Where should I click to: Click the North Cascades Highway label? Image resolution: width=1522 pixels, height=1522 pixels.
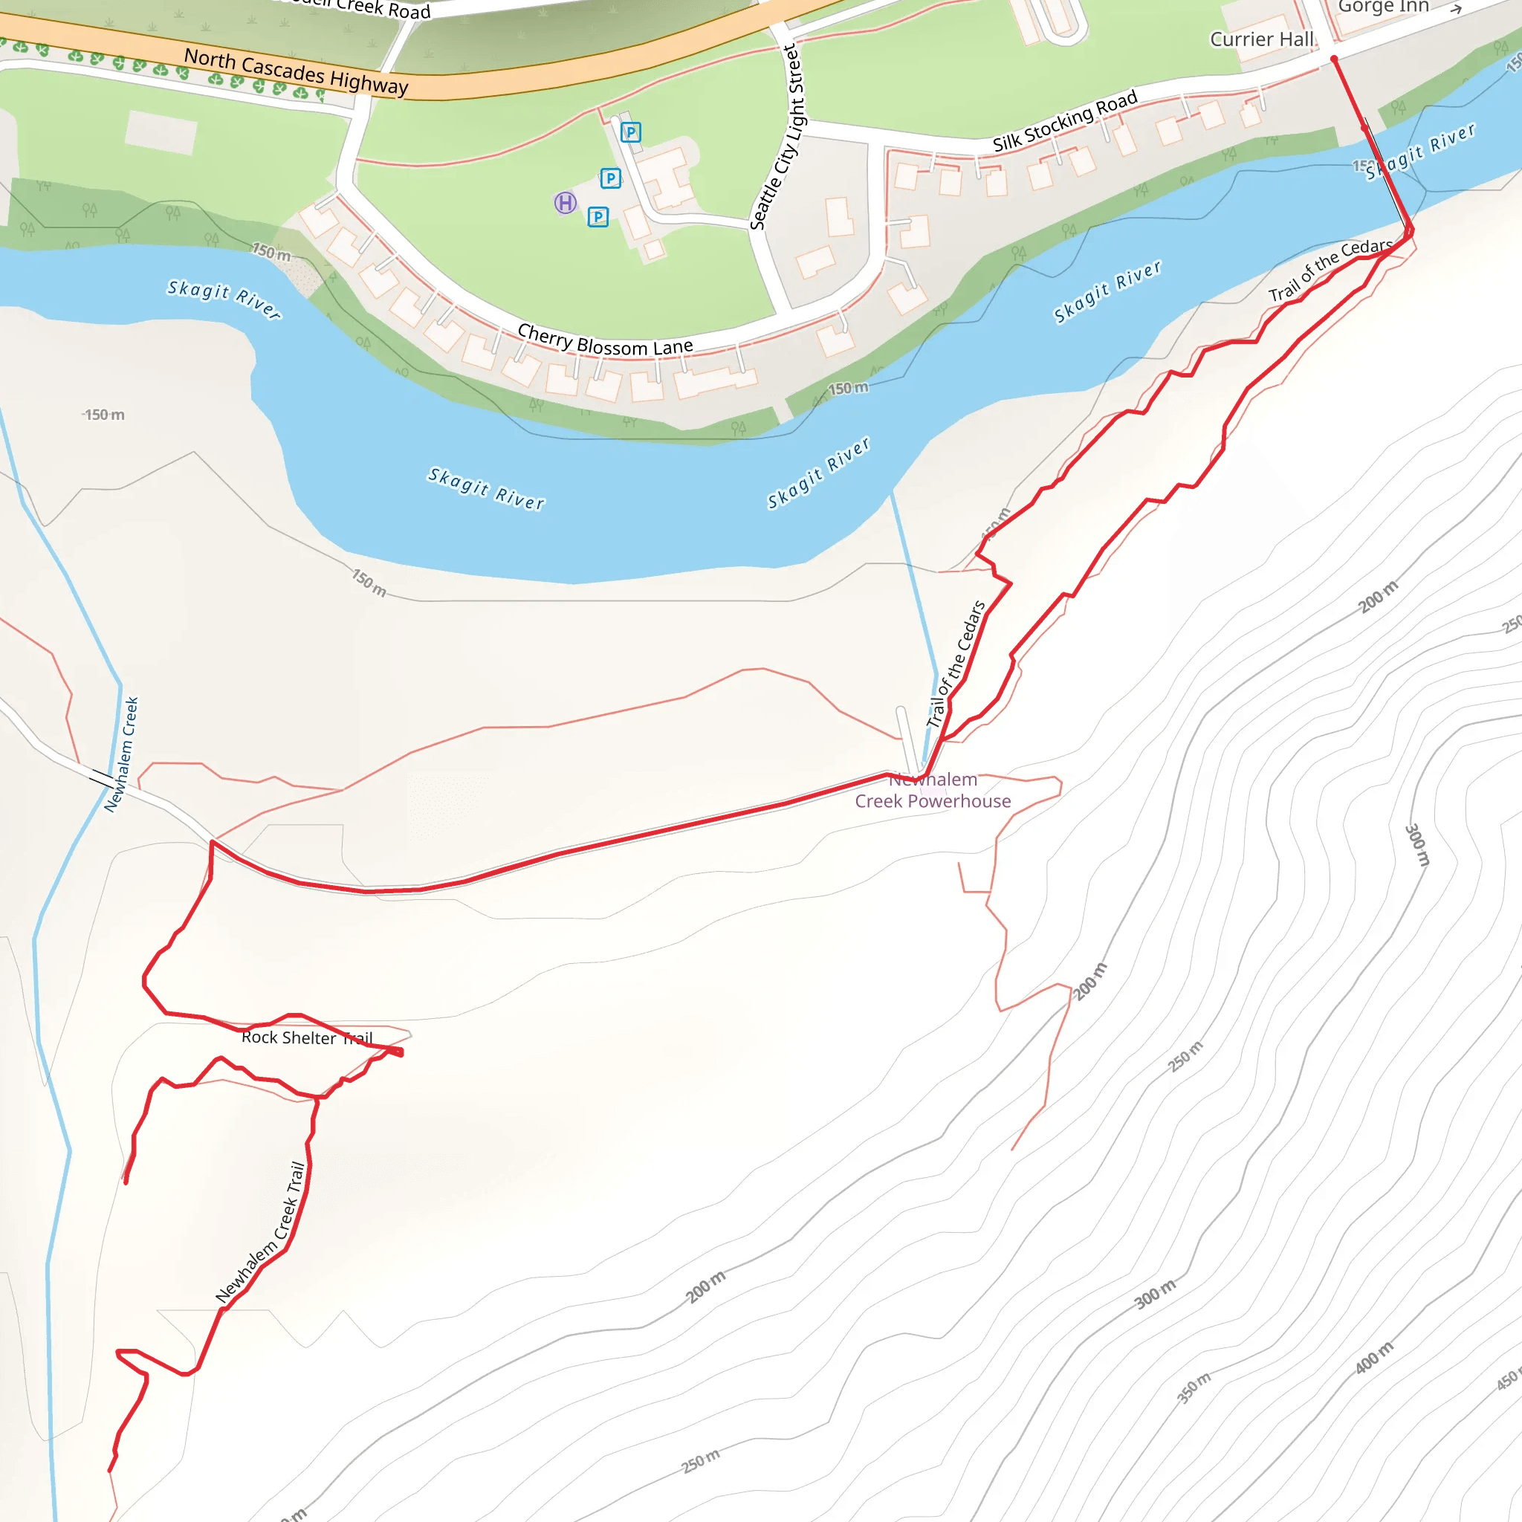[x=297, y=71]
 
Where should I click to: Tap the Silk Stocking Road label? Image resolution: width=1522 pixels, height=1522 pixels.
[x=1064, y=120]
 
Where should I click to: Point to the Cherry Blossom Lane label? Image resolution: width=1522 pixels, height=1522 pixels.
[x=605, y=341]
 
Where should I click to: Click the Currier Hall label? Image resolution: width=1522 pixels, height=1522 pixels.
[x=1261, y=39]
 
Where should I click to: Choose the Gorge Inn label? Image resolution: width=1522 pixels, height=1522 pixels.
[x=1383, y=6]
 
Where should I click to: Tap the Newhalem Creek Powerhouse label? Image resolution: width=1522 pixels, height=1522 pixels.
[x=933, y=790]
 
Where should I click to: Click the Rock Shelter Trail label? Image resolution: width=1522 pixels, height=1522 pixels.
[x=306, y=1037]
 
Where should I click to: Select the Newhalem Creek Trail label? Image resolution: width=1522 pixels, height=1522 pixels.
[x=261, y=1233]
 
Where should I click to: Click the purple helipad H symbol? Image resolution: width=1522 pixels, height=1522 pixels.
[x=565, y=203]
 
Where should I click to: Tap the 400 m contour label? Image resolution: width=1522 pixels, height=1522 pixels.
[x=1374, y=1357]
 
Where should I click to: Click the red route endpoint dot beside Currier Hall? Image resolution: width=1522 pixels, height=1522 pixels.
[x=1334, y=59]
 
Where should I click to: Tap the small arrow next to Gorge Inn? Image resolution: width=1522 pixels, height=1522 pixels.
[x=1456, y=9]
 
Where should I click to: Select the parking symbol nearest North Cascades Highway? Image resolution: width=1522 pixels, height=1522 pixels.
[x=630, y=132]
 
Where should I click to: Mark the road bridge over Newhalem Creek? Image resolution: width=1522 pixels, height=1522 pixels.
[x=102, y=778]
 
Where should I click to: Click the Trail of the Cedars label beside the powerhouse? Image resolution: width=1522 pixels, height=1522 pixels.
[x=956, y=664]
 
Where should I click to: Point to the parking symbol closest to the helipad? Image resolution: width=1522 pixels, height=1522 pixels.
[x=598, y=217]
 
